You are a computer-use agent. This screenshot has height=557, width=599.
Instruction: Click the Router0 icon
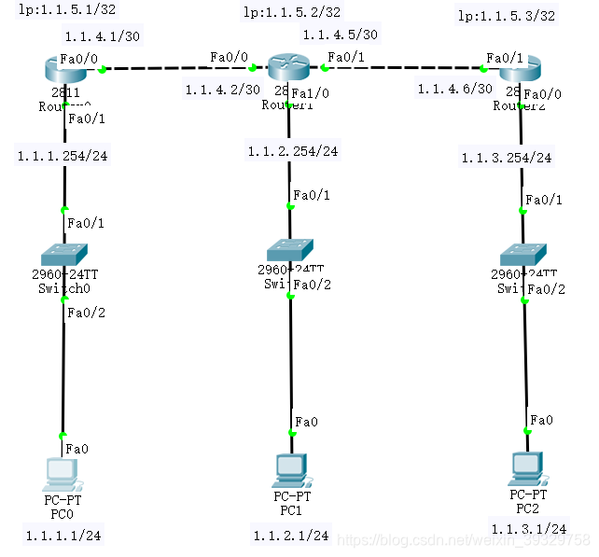point(63,68)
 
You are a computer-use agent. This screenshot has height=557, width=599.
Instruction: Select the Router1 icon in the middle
point(286,67)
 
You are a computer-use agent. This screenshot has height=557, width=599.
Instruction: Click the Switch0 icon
point(63,255)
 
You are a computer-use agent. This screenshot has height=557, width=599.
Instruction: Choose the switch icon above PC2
point(522,255)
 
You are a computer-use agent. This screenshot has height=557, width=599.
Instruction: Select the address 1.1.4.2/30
point(222,90)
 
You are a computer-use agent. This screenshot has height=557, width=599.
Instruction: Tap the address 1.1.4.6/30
point(454,89)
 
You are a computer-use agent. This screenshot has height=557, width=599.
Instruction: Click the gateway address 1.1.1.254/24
point(62,156)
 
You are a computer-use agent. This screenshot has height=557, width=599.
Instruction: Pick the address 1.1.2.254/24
point(292,151)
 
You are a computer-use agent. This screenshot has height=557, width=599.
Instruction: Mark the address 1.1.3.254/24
point(507,158)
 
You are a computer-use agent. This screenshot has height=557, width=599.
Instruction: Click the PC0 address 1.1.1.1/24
point(62,535)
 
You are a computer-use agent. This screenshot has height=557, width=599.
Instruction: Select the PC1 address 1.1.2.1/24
point(291,536)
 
